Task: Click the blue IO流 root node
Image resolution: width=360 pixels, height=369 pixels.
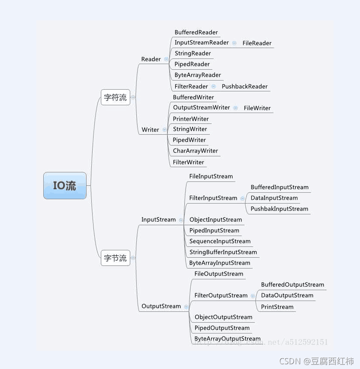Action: [65, 186]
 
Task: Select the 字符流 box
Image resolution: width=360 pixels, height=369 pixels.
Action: [116, 97]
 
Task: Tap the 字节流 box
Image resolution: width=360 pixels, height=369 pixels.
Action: [116, 258]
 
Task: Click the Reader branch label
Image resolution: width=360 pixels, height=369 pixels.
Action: [151, 59]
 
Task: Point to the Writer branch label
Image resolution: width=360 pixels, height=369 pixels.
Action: [151, 129]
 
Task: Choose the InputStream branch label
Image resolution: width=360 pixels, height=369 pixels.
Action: [158, 220]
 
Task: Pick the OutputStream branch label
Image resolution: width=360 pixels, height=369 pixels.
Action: [161, 306]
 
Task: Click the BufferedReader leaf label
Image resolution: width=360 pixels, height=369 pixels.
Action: [196, 32]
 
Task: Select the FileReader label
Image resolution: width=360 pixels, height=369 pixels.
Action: [257, 43]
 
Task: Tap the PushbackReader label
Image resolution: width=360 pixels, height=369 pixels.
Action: [244, 86]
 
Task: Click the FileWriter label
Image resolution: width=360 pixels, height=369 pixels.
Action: [257, 108]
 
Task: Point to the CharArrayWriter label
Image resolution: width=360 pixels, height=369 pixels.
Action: [195, 151]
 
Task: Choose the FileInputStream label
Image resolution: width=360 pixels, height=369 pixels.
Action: [211, 176]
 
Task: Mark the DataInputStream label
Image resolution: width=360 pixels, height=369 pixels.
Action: [274, 198]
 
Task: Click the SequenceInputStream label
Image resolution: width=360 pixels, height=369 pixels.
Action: [220, 241]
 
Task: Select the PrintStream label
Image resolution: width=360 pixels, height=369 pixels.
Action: [277, 307]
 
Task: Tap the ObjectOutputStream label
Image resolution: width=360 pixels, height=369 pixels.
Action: [223, 317]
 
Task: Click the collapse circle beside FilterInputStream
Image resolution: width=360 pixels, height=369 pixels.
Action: [242, 198]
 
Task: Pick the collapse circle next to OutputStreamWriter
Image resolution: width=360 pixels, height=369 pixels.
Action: [235, 108]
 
